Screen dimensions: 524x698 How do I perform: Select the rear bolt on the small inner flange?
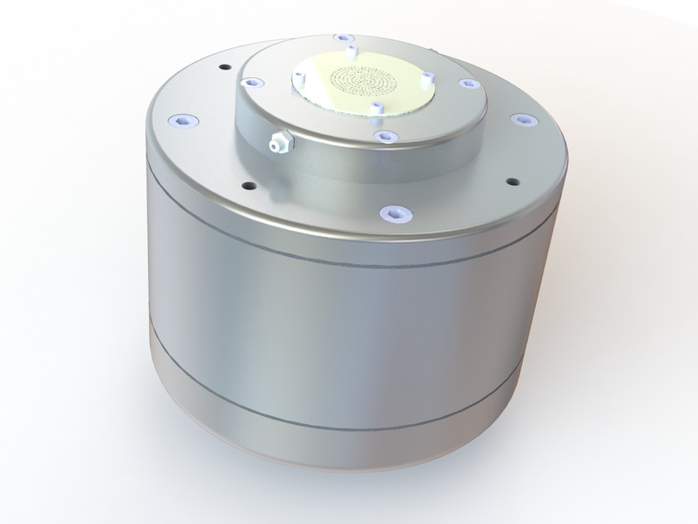[339, 38]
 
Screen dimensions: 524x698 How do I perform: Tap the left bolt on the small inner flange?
[250, 83]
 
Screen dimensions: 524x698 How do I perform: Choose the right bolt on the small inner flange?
[467, 84]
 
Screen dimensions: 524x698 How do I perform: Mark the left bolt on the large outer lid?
[182, 121]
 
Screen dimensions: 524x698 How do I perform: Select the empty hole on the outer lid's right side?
[512, 181]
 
